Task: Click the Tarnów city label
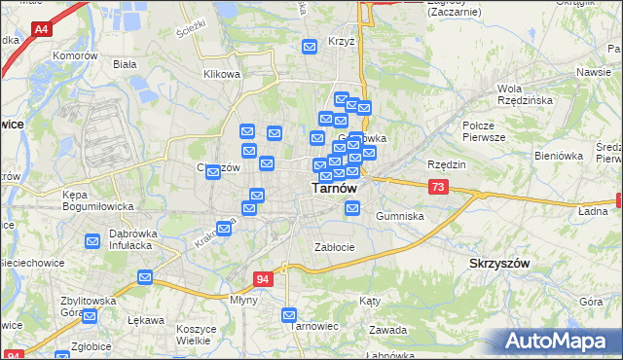click(x=333, y=189)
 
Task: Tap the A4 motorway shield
click(x=41, y=30)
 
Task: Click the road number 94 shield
click(x=263, y=279)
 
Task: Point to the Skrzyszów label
click(x=499, y=264)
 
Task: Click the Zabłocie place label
click(x=334, y=247)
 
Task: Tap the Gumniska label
click(x=399, y=216)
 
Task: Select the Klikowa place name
click(x=221, y=74)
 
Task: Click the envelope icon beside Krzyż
click(x=310, y=46)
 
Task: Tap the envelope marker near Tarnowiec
click(x=289, y=314)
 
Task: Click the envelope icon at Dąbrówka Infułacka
click(x=92, y=240)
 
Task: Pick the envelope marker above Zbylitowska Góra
click(x=145, y=278)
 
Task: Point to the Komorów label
click(x=77, y=56)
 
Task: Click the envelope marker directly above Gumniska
click(x=352, y=207)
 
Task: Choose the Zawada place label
click(x=387, y=330)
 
